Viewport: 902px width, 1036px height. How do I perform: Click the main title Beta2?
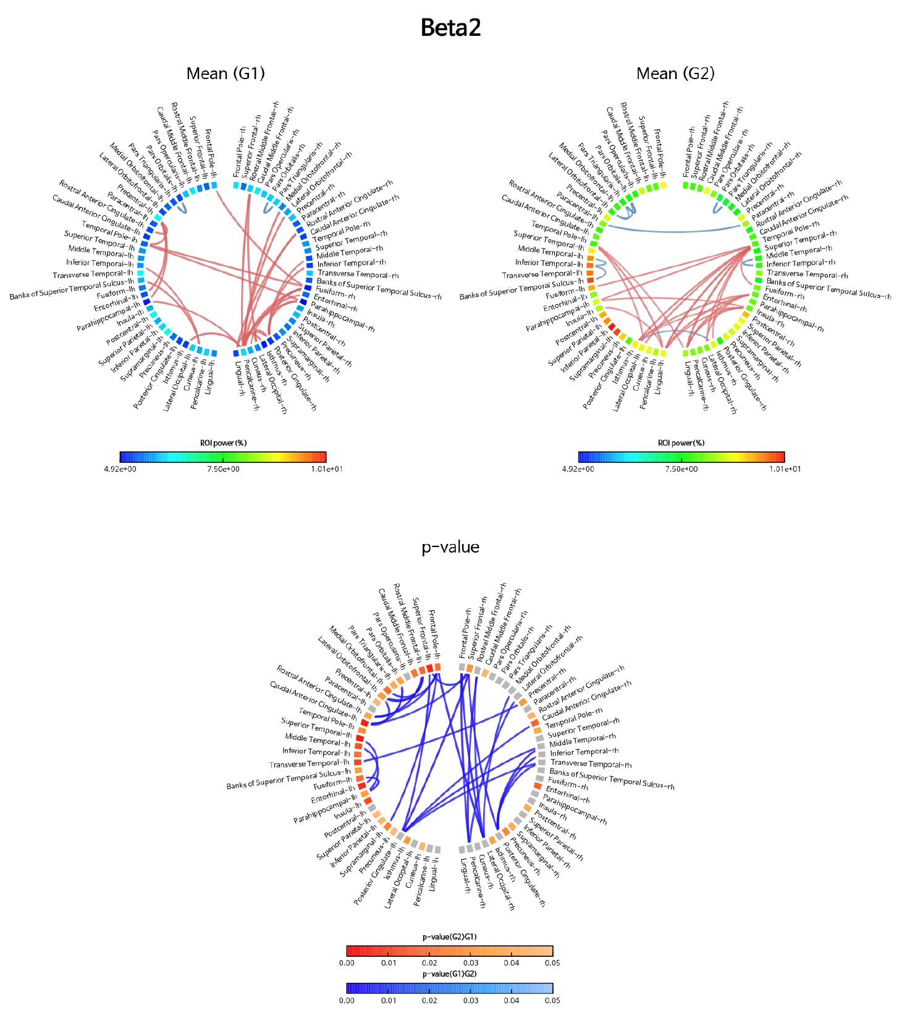[450, 28]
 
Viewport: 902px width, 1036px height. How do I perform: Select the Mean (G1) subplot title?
[225, 74]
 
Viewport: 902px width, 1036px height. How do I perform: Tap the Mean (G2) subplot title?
[675, 74]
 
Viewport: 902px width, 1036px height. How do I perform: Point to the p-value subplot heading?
[450, 547]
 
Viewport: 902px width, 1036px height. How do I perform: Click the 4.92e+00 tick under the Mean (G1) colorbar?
[120, 469]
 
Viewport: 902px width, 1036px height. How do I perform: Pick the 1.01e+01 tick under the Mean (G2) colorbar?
[785, 469]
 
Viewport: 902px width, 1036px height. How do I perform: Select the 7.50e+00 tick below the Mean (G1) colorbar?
[223, 469]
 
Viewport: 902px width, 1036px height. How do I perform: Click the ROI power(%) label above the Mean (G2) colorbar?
[681, 443]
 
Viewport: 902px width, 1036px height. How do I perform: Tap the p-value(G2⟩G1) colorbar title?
[450, 937]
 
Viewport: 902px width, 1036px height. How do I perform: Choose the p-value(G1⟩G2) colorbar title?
[450, 974]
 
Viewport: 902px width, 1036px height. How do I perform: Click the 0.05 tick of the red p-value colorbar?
[552, 963]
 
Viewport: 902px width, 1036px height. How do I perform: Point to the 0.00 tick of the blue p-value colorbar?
[347, 1000]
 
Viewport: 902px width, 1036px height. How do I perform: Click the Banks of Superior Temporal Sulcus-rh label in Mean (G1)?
[379, 289]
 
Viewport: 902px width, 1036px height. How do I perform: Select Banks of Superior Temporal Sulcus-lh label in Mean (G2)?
[521, 288]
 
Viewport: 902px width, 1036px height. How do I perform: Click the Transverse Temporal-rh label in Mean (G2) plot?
[807, 274]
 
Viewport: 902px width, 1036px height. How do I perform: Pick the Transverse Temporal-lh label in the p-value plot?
[309, 764]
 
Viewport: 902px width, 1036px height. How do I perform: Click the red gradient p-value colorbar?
[450, 951]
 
